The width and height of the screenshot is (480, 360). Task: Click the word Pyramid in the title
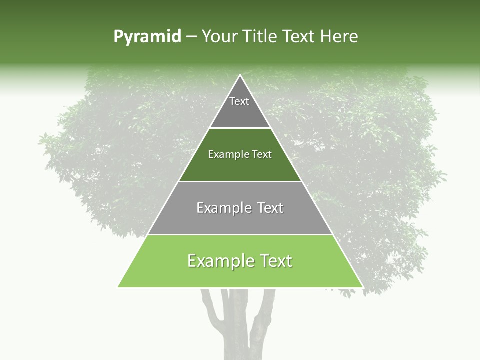click(147, 37)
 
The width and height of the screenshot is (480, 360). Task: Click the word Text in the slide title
click(299, 36)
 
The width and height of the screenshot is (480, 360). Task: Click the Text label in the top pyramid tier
click(239, 101)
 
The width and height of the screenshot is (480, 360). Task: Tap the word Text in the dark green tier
click(262, 154)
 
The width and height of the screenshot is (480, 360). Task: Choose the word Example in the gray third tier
click(223, 208)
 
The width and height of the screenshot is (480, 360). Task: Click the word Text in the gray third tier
click(270, 208)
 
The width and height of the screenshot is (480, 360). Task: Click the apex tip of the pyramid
click(240, 76)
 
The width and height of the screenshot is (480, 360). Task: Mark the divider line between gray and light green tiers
click(240, 234)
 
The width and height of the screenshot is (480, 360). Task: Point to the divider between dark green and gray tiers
click(240, 181)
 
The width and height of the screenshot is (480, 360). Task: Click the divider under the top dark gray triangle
click(240, 128)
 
